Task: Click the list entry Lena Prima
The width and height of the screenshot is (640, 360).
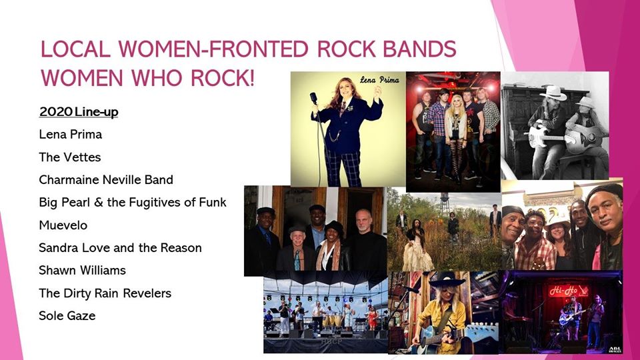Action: coord(70,134)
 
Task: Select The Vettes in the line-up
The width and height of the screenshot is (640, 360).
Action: coord(70,157)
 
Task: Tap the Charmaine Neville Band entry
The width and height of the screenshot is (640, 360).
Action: coord(106,179)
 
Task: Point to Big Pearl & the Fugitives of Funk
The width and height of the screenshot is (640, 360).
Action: coord(133,203)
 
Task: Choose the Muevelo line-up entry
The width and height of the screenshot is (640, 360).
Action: coord(63,225)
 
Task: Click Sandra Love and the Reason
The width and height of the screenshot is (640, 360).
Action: coord(121,248)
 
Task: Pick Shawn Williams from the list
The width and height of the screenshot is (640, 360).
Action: coord(83,270)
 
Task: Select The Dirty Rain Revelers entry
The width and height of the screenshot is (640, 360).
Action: coord(105,293)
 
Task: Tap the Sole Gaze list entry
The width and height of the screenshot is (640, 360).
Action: coord(67,315)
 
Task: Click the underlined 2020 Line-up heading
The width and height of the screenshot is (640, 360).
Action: coord(79,112)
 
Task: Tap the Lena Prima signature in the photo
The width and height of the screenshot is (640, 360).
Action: coord(379,79)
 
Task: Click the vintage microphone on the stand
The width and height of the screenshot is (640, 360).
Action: coord(313,98)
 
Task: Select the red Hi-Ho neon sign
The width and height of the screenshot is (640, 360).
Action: coord(568,291)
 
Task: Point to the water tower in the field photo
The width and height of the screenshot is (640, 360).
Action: coord(445,201)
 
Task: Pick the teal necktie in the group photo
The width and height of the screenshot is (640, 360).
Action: coord(297,260)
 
